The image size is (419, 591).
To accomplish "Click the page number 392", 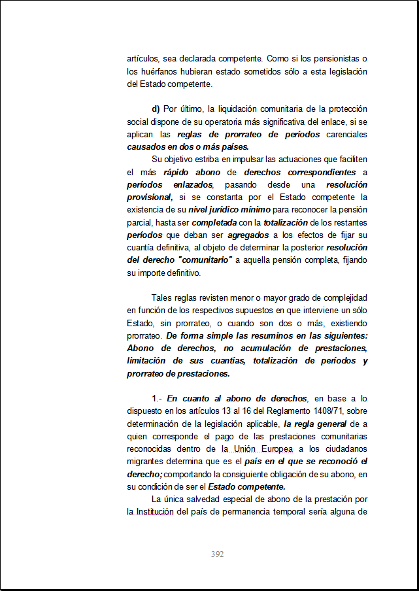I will pyautogui.click(x=218, y=554).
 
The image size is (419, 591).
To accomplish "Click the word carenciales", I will pyautogui.click(x=346, y=134).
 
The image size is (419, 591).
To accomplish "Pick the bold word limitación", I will pyautogui.click(x=149, y=361).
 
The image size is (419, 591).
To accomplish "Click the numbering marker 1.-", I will pyautogui.click(x=158, y=398).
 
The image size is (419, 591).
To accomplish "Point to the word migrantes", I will pyautogui.click(x=147, y=462).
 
